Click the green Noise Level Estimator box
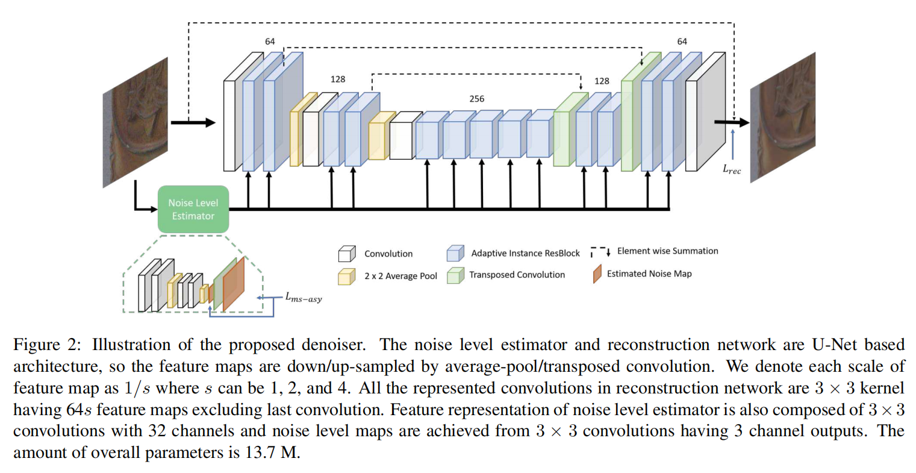[193, 209]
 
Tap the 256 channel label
[476, 99]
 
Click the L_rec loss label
[732, 170]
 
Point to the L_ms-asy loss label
[304, 298]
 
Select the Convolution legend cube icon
[347, 254]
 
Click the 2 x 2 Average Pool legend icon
[347, 276]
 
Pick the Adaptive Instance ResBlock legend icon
[455, 253]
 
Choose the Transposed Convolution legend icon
[455, 275]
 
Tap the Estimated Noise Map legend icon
[597, 274]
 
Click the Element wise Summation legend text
[667, 251]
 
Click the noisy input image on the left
[136, 121]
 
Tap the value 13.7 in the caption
[260, 453]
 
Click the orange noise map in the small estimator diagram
[234, 284]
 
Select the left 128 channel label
[338, 79]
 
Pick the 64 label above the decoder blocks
[682, 42]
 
